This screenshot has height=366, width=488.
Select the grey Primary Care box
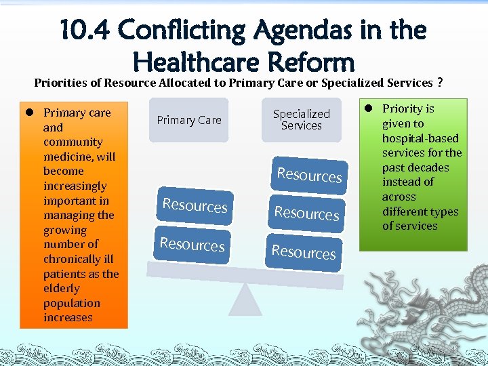tap(189, 120)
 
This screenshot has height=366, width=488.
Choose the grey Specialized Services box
tap(301, 120)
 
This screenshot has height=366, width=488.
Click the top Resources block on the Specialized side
tap(309, 175)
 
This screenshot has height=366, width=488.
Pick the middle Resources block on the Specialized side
tap(306, 213)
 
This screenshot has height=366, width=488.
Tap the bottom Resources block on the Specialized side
tap(304, 252)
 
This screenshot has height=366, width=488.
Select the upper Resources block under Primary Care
tap(195, 205)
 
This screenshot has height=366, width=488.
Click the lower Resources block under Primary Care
tap(192, 243)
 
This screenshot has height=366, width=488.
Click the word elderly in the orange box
tap(62, 289)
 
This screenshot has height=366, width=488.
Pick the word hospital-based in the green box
tap(420, 138)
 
